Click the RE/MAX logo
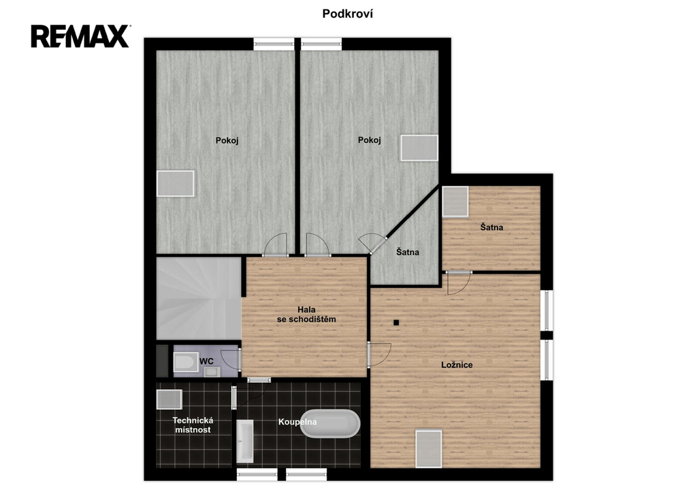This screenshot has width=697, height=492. click(80, 37)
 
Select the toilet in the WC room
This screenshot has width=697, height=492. click(186, 362)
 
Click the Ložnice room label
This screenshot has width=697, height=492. click(457, 365)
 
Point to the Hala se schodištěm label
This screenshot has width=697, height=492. click(306, 314)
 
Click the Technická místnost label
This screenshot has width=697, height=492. click(193, 425)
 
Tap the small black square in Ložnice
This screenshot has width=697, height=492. click(396, 323)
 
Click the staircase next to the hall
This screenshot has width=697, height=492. click(199, 299)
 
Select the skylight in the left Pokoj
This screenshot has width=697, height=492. click(175, 184)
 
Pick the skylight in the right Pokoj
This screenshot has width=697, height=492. click(419, 148)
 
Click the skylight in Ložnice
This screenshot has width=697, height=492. click(429, 448)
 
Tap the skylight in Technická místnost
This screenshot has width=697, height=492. click(169, 399)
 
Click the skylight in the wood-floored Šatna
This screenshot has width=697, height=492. click(455, 201)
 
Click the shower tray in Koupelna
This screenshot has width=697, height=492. click(245, 441)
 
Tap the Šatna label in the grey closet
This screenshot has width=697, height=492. click(408, 252)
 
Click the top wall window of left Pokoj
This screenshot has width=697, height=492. click(274, 44)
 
